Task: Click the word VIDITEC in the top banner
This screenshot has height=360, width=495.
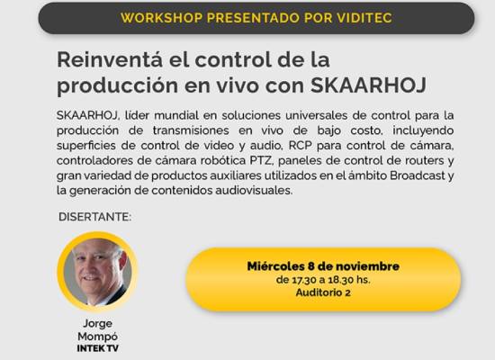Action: point(364,18)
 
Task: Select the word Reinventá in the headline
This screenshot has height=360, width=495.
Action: point(110,59)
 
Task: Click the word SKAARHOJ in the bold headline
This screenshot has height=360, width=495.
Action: point(368,85)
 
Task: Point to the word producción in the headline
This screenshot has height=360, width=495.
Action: point(117,85)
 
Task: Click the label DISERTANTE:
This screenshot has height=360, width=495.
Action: point(94,217)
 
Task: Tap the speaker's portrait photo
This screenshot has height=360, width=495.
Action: point(97,272)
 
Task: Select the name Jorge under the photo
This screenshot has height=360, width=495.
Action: point(97,324)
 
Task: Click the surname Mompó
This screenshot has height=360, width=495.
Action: point(97,337)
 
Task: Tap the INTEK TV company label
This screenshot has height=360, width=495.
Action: point(98,348)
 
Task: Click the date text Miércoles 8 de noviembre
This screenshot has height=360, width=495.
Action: point(323,266)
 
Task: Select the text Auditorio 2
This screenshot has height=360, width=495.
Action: point(323,292)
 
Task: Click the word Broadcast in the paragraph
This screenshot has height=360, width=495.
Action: point(418,175)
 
